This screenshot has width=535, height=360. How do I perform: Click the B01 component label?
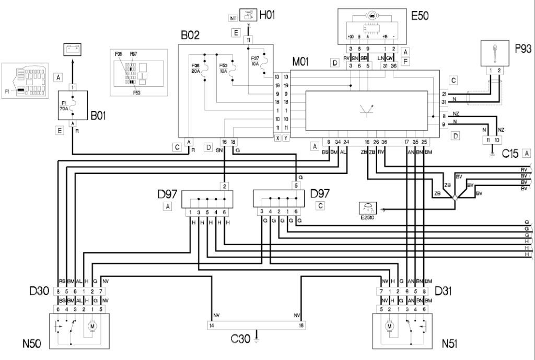tap(98, 116)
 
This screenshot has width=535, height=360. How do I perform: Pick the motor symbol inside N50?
tap(92, 327)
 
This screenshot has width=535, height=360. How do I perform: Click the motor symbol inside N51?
tap(389, 327)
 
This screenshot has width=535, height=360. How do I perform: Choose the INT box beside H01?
tap(233, 18)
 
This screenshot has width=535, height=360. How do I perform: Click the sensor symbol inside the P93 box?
tap(494, 53)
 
